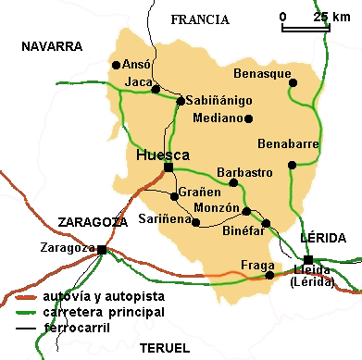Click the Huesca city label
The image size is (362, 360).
click(x=162, y=155)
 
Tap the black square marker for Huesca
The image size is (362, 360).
click(x=168, y=168)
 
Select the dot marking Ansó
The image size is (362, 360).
click(x=115, y=65)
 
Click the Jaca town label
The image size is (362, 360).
click(x=137, y=83)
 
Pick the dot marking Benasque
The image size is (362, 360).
click(x=293, y=82)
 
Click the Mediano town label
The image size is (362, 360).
click(x=218, y=118)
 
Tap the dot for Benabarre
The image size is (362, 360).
click(x=292, y=166)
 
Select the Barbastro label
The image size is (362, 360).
click(x=243, y=172)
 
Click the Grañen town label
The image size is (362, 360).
click(x=199, y=192)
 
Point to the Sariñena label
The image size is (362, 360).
click(x=163, y=219)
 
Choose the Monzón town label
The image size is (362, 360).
click(x=218, y=208)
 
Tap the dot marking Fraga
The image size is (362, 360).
click(x=270, y=274)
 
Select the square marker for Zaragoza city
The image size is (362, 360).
click(x=101, y=250)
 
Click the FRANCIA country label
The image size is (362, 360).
click(x=200, y=19)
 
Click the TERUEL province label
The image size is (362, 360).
click(x=163, y=347)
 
